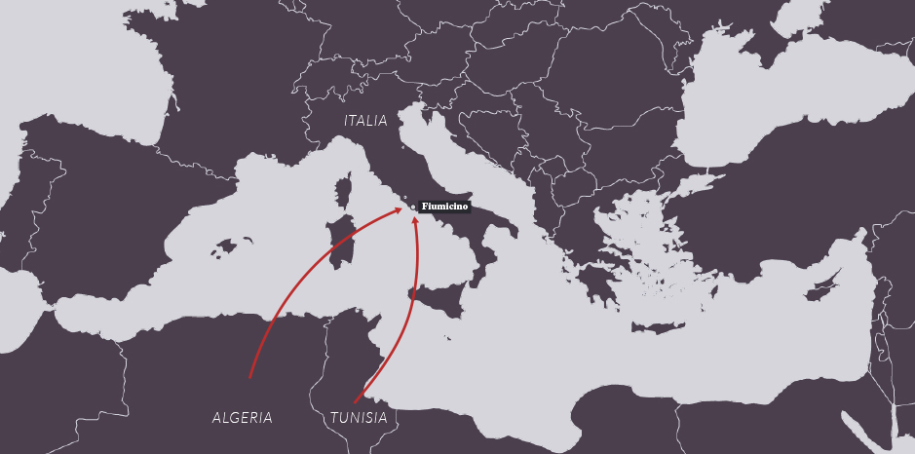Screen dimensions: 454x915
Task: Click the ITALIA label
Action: tap(365, 121)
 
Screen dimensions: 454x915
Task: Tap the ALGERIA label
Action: tap(243, 418)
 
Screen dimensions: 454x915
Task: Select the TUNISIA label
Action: tap(359, 418)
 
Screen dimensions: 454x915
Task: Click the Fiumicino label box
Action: tap(444, 207)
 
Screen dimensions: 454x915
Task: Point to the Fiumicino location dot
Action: tap(413, 207)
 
